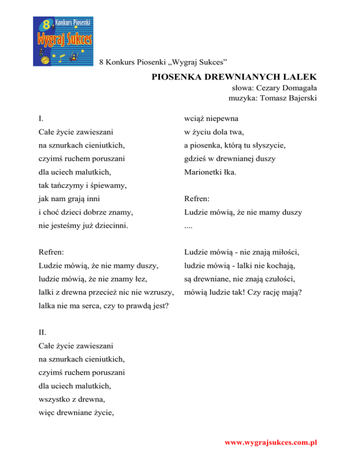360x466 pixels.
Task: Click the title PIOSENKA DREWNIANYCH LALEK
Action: (234, 76)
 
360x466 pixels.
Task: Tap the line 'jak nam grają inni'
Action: (69, 199)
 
